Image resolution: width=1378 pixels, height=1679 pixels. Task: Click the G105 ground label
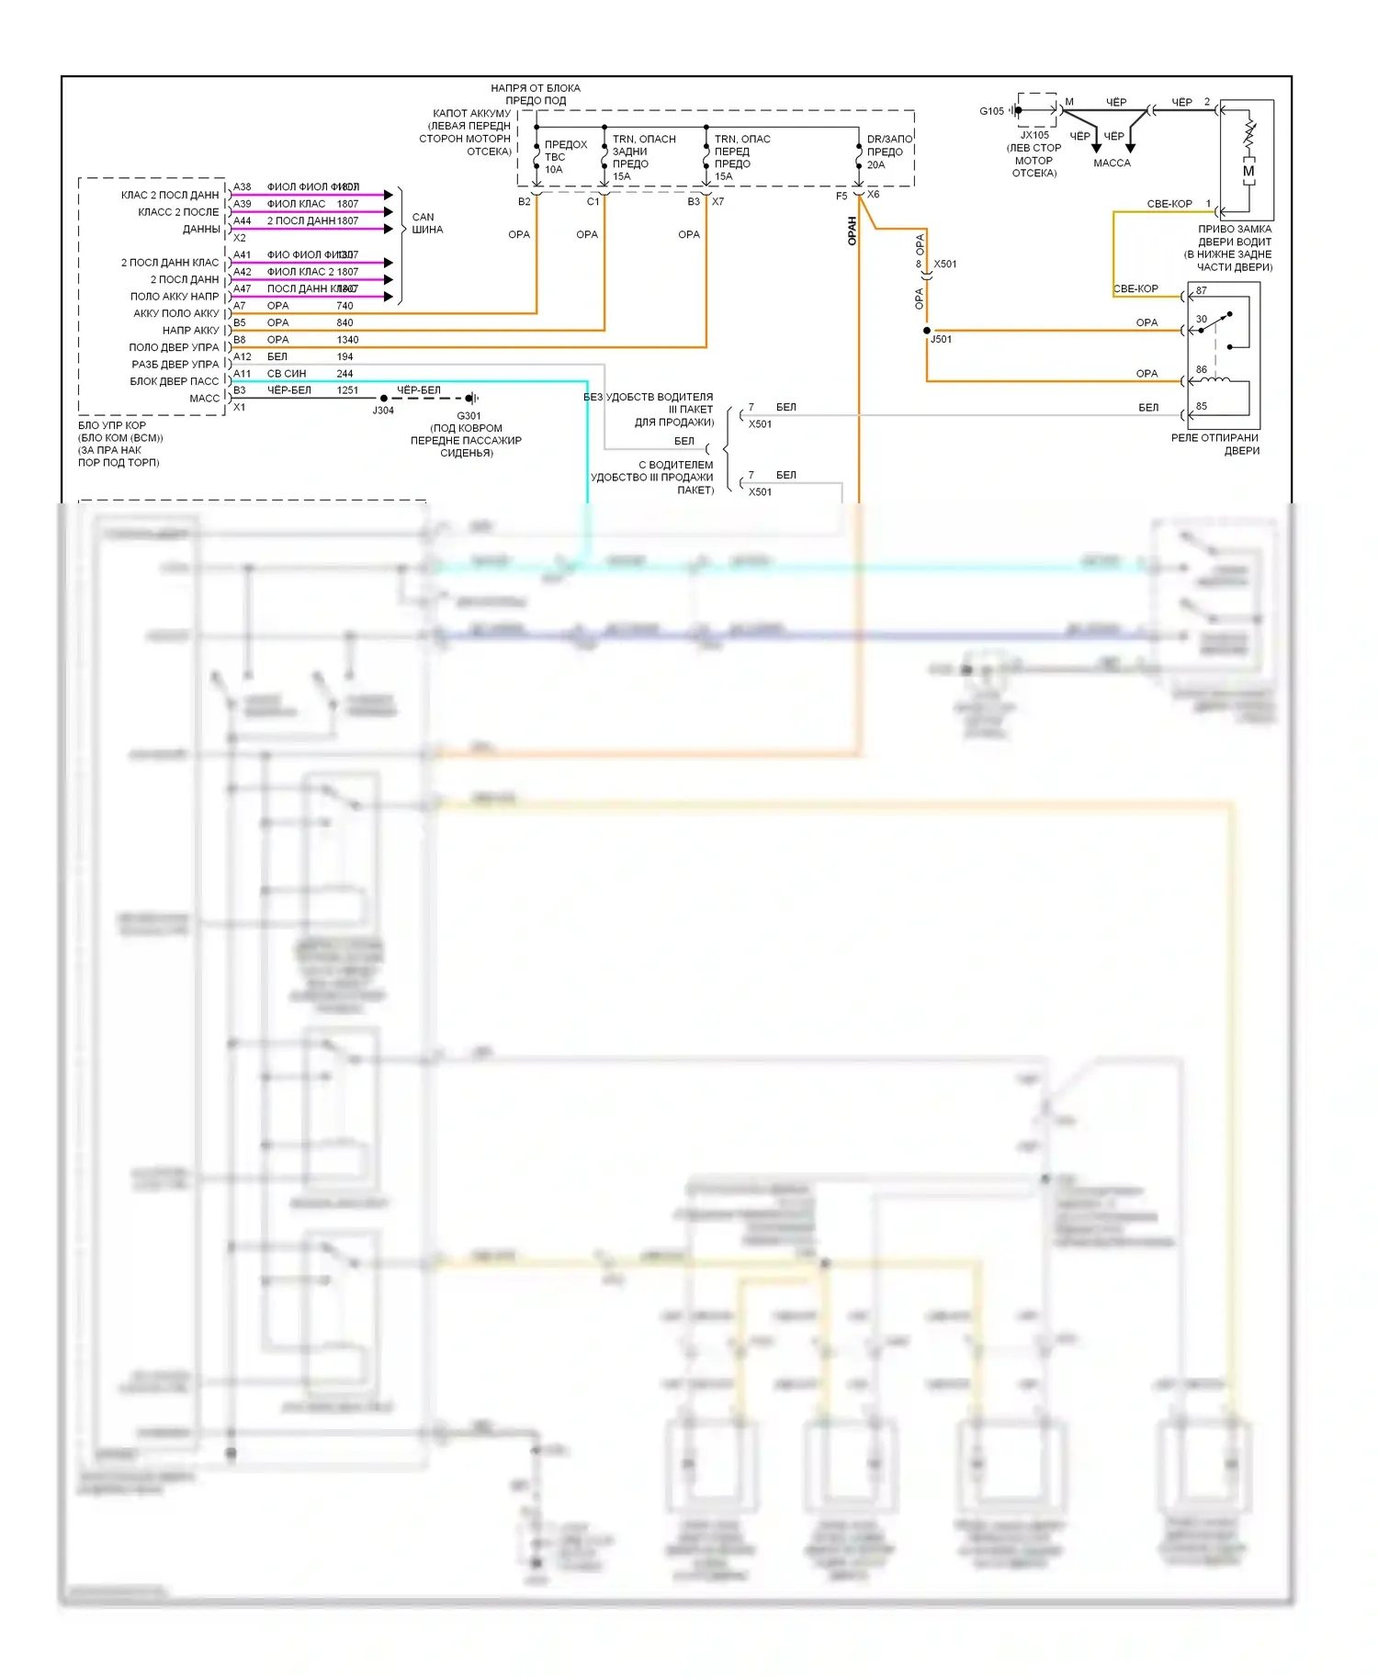click(x=991, y=111)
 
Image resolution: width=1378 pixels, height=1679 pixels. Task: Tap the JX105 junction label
click(x=1034, y=135)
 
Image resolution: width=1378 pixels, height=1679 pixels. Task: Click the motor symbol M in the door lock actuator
click(x=1248, y=171)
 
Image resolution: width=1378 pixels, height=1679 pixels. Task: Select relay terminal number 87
click(x=1202, y=290)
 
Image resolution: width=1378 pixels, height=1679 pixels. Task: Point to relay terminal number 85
click(x=1202, y=406)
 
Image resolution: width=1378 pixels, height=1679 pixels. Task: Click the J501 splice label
click(x=942, y=339)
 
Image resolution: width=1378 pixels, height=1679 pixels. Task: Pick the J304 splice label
click(x=383, y=411)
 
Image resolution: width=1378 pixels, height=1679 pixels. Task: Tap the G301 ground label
click(x=469, y=415)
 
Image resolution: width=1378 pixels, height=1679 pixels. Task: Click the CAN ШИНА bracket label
click(x=427, y=223)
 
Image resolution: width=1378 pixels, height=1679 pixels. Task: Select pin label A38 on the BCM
click(x=243, y=186)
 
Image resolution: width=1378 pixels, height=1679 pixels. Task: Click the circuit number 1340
click(x=347, y=340)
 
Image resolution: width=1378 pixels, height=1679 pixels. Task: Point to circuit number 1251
click(x=347, y=390)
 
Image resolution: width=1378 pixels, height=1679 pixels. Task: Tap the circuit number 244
click(x=344, y=374)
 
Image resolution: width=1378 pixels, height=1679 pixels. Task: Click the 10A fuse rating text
click(x=553, y=169)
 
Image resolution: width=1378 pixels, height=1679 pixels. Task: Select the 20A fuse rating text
click(x=876, y=165)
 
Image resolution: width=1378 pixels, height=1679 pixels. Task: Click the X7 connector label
click(x=717, y=201)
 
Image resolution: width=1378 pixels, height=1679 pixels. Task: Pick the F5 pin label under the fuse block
click(x=841, y=197)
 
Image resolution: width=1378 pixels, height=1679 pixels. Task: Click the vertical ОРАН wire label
click(x=852, y=231)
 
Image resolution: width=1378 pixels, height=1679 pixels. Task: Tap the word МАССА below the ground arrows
click(x=1112, y=163)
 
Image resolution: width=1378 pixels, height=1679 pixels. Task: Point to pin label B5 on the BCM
click(x=240, y=322)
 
